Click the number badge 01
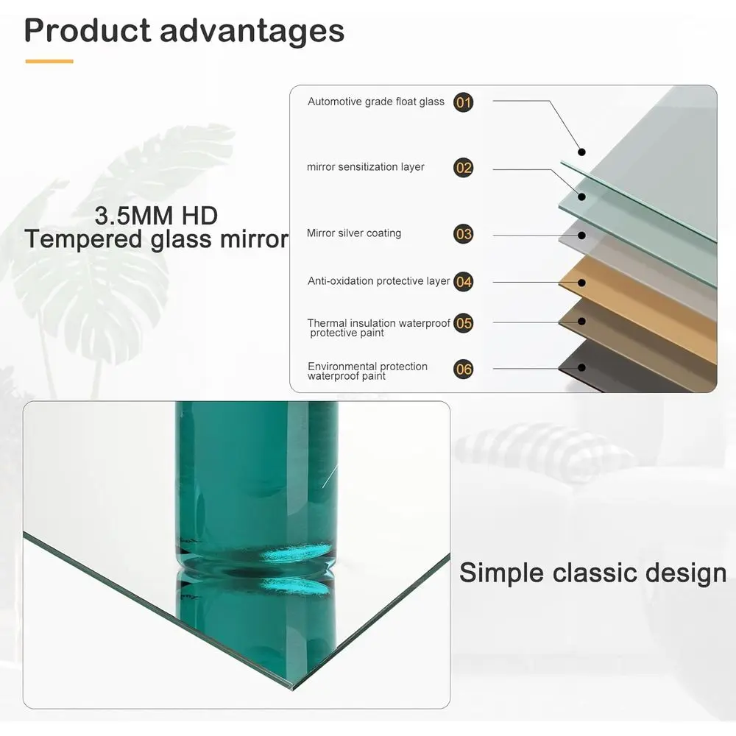coord(463,102)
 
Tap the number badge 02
coord(463,168)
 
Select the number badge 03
coord(463,234)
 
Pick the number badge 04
coord(463,282)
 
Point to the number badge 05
coord(463,323)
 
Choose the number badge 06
coord(463,369)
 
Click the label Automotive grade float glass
coord(376,102)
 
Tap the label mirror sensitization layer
coord(366,167)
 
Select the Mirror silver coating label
coord(354,233)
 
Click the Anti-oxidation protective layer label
coord(379,281)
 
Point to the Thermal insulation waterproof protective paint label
coord(379,328)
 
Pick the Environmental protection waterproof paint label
coord(367,371)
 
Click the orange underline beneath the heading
coord(49,61)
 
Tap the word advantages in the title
coord(252,32)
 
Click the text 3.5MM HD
coord(156,216)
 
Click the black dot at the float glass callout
coord(581,152)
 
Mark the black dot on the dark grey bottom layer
coord(581,367)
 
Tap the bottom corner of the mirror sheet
coord(292,690)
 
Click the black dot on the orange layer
coord(581,283)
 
